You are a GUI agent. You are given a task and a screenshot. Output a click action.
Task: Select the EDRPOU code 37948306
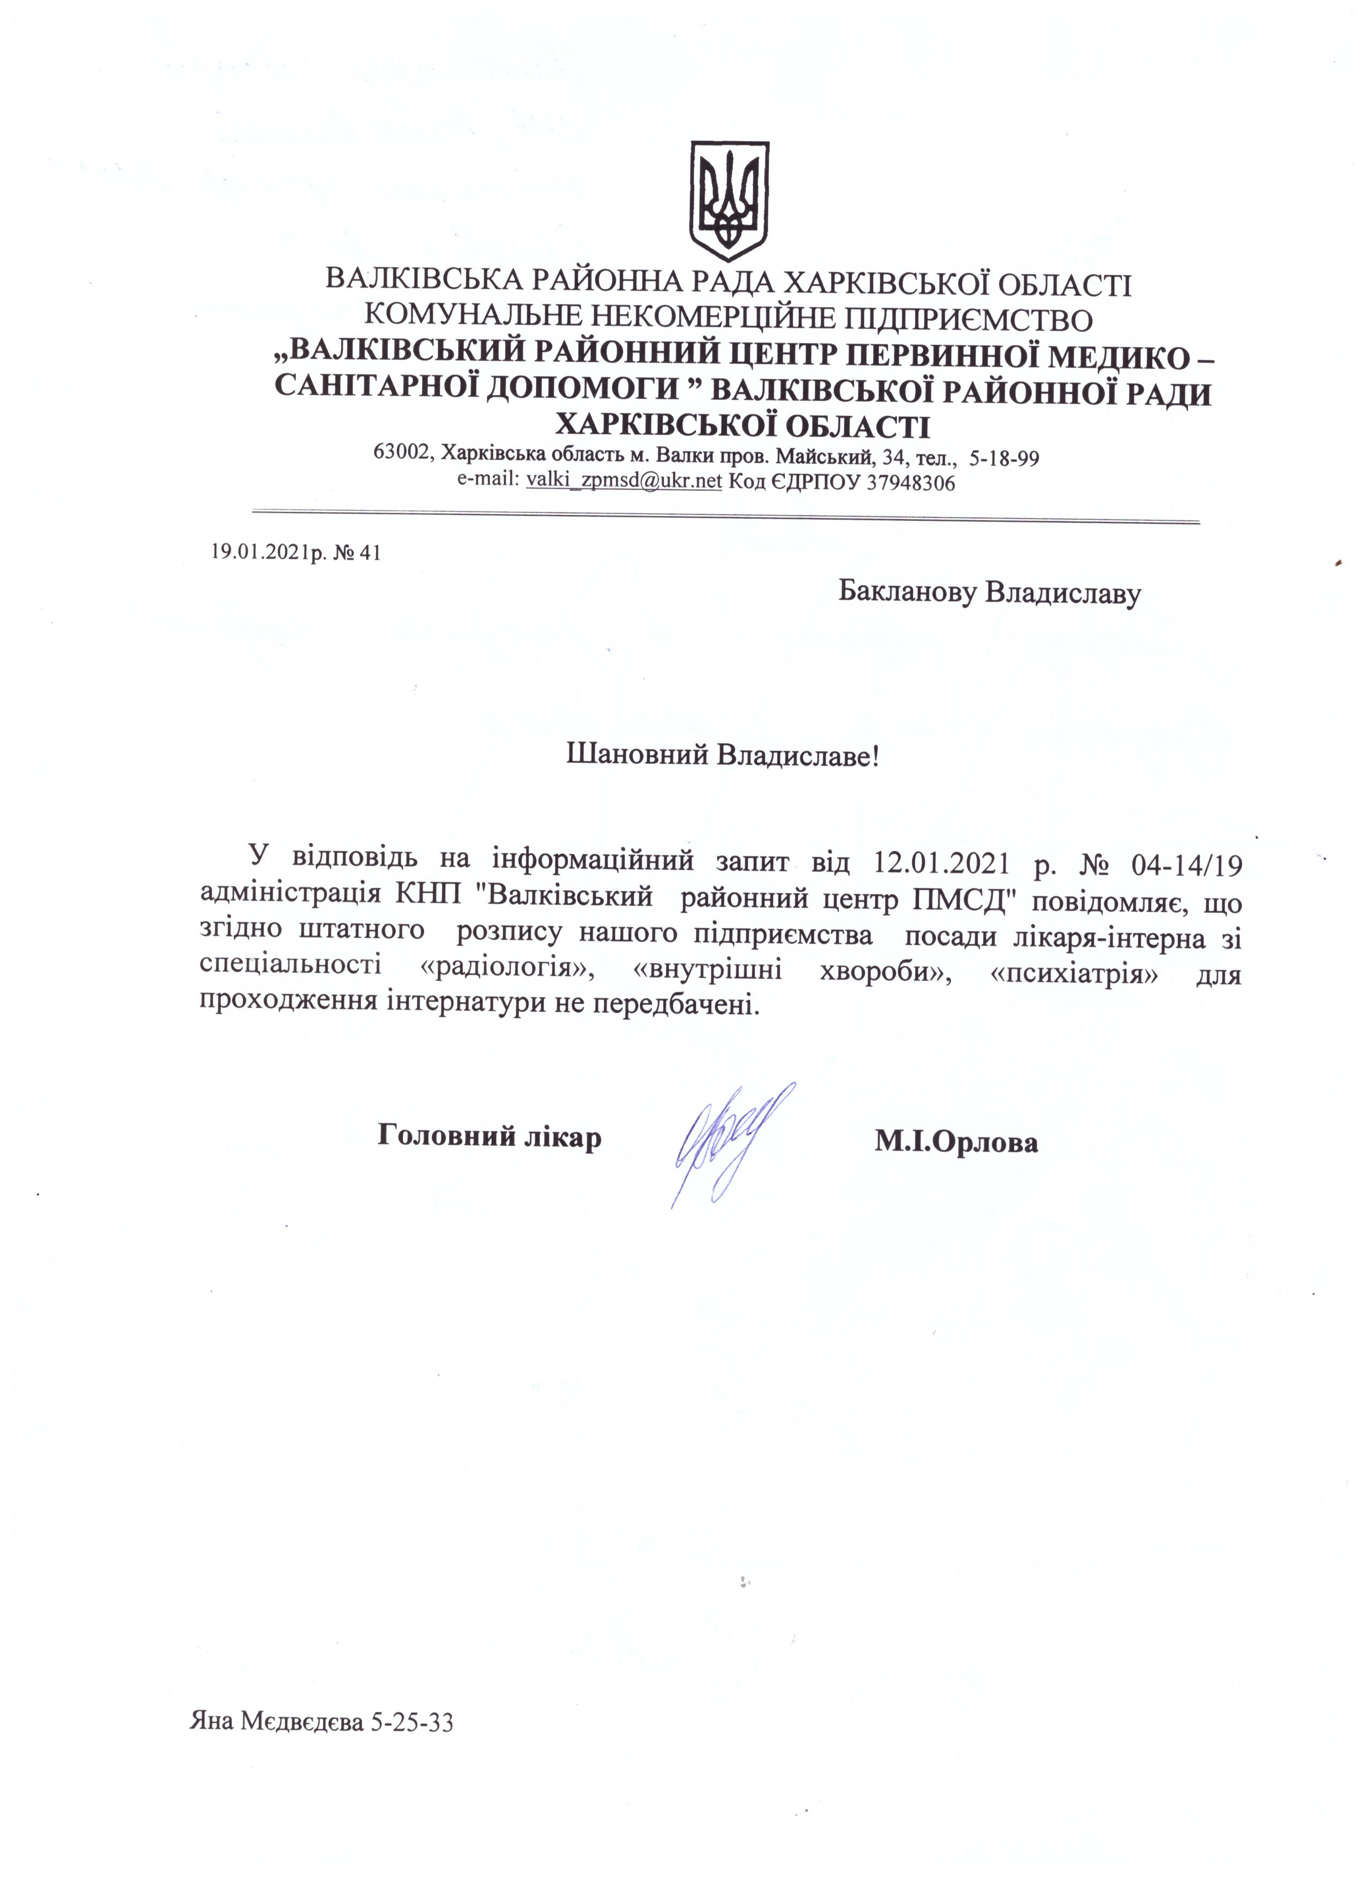pos(910,483)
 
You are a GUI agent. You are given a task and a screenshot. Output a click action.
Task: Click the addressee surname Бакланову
pos(908,593)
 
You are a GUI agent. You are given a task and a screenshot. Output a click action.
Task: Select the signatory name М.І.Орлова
pos(955,1142)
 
